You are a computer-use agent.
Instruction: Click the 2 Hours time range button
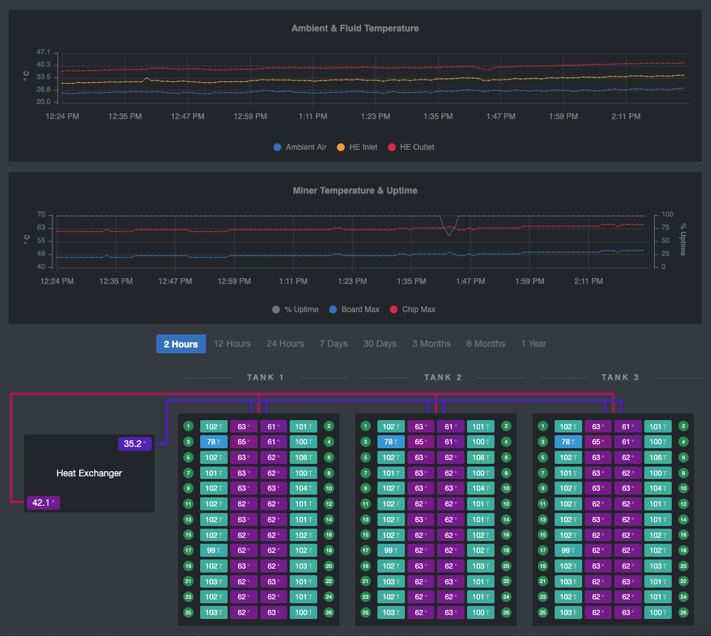coord(181,344)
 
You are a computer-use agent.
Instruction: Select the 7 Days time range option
coord(334,344)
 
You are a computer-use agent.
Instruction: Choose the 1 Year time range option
coord(533,344)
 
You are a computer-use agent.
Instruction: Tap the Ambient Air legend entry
coord(300,147)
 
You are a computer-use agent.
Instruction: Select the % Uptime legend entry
coord(295,309)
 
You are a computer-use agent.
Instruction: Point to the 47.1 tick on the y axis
coord(43,52)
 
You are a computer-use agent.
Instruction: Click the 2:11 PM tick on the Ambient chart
coord(626,116)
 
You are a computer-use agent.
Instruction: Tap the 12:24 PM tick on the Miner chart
coord(57,281)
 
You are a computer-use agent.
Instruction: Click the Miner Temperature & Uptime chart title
coord(355,190)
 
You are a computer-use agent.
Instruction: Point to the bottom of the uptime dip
coord(449,235)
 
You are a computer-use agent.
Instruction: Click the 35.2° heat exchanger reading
coord(135,444)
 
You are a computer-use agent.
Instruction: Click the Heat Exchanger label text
coord(89,473)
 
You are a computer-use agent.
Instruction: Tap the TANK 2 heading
coord(443,378)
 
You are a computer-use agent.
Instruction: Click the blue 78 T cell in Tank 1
coord(214,442)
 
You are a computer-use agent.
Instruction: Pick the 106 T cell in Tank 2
coord(480,457)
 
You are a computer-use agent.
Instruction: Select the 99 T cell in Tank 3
coord(568,551)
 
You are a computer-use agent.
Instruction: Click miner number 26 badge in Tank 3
coord(683,613)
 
